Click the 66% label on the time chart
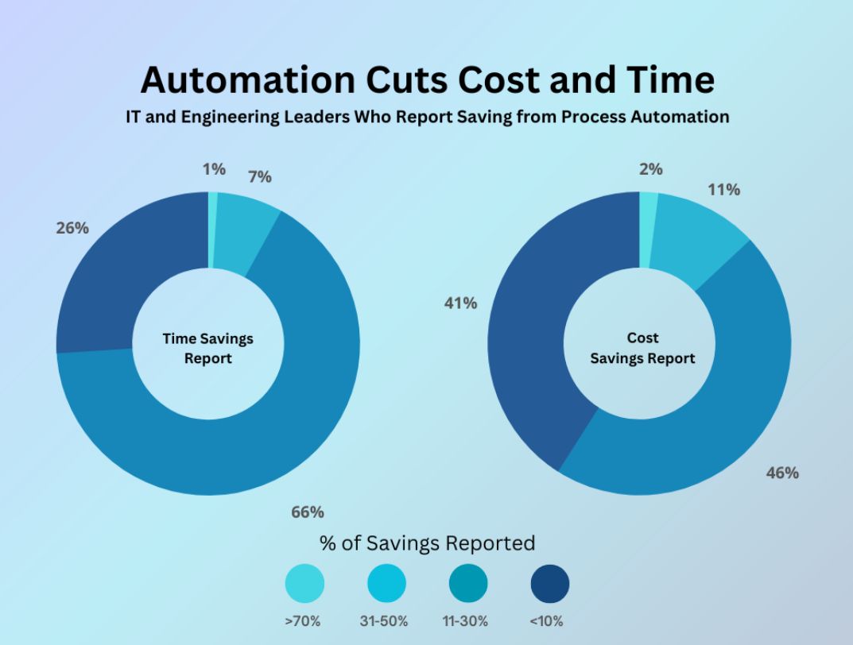tap(308, 512)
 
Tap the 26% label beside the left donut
tap(72, 228)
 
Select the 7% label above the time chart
tap(259, 177)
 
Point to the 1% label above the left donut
tap(214, 169)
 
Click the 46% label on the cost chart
tap(782, 473)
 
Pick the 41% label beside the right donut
tap(461, 303)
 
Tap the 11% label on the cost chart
tap(724, 190)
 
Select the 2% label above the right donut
tap(650, 169)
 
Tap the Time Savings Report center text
tap(208, 348)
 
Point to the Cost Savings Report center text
tap(642, 348)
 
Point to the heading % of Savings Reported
tap(427, 543)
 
